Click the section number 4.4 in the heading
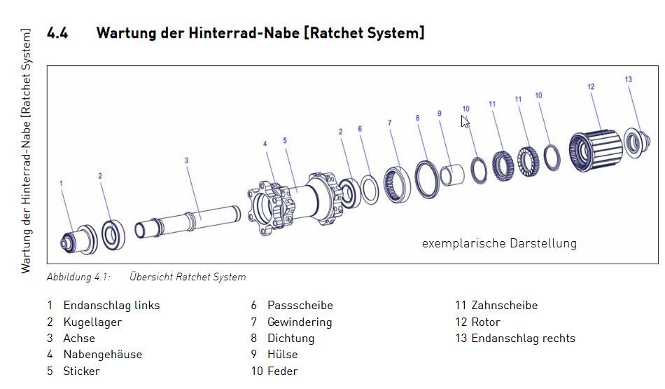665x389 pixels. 57,33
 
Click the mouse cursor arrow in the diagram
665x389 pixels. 465,121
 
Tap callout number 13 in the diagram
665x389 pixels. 628,79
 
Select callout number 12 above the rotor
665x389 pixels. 591,87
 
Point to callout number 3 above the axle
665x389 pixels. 186,161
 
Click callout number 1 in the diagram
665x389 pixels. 61,184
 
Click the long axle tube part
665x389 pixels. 188,221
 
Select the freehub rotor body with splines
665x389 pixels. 596,151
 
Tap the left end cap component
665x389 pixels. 79,240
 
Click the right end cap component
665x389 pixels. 636,143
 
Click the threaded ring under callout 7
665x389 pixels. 397,184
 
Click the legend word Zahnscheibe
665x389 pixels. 504,306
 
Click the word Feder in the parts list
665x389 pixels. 283,371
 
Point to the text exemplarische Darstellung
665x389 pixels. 499,243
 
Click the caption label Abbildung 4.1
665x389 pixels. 78,277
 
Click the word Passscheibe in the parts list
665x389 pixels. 300,306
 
